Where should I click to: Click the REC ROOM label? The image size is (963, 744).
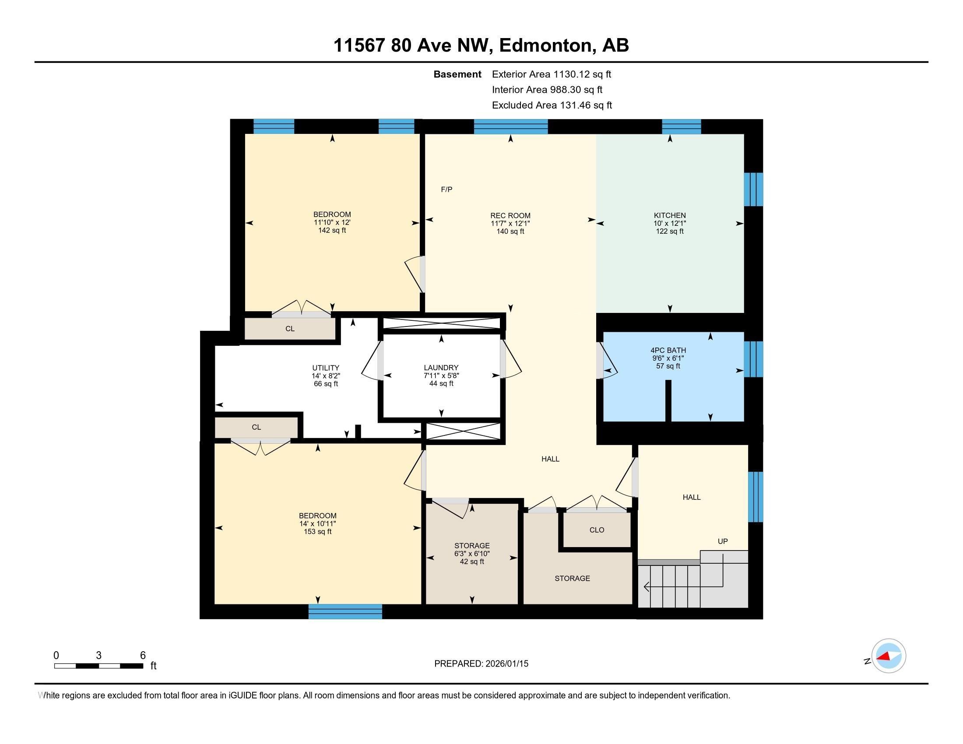tap(510, 215)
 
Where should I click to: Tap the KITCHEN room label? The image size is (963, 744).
tap(669, 215)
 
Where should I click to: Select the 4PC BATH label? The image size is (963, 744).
tap(668, 351)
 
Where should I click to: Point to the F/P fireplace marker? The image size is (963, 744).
tap(446, 190)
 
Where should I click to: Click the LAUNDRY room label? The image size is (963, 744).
tap(441, 368)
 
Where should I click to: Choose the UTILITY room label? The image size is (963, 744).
tap(325, 368)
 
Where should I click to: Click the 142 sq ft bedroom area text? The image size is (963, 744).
tap(332, 231)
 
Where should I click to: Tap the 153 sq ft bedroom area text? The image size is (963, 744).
tap(317, 532)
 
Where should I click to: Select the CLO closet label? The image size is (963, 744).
tap(597, 530)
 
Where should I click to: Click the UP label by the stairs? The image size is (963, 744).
tap(722, 541)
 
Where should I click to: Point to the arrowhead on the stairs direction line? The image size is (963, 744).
tap(647, 586)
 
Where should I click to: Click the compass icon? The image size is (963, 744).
tap(888, 656)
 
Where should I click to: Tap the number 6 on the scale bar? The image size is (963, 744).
tap(142, 656)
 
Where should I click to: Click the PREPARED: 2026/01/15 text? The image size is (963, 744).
tap(481, 663)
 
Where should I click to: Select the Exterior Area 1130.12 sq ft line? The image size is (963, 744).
tap(551, 74)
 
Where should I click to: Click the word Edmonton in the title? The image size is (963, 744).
tap(545, 46)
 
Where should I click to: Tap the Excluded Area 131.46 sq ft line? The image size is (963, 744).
tap(552, 105)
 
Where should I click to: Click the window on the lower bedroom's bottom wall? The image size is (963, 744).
tap(345, 611)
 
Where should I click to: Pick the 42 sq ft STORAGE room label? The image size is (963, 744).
tap(472, 546)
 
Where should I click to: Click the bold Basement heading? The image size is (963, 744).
tap(457, 74)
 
